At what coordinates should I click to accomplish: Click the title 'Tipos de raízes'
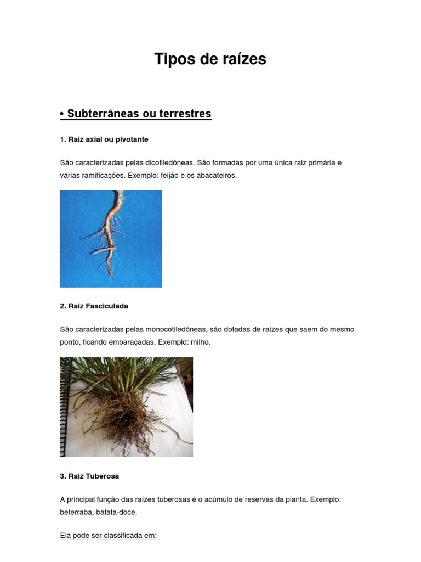pyautogui.click(x=210, y=59)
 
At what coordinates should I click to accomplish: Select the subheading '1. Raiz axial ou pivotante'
pyautogui.click(x=104, y=139)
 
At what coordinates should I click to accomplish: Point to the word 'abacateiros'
pyautogui.click(x=217, y=176)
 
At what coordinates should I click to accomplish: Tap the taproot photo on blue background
pyautogui.click(x=111, y=239)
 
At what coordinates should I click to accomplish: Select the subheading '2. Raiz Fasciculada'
pyautogui.click(x=94, y=306)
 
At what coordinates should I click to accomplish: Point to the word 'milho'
pyautogui.click(x=200, y=342)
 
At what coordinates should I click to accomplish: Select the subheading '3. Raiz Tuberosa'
pyautogui.click(x=89, y=476)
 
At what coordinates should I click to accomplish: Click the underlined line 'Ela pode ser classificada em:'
pyautogui.click(x=108, y=536)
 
